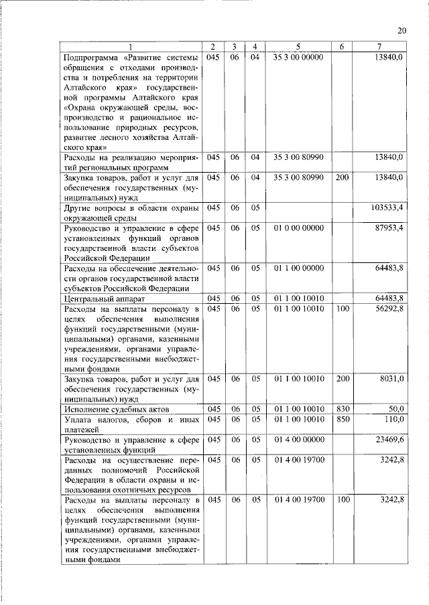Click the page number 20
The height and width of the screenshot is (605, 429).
point(402,30)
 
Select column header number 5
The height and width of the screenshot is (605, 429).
point(299,46)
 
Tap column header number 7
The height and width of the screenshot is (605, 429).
point(381,46)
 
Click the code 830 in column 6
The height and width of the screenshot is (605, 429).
point(342,408)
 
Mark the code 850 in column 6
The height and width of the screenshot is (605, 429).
point(342,419)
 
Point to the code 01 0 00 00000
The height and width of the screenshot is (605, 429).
point(298,228)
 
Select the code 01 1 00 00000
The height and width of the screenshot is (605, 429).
point(298,268)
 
